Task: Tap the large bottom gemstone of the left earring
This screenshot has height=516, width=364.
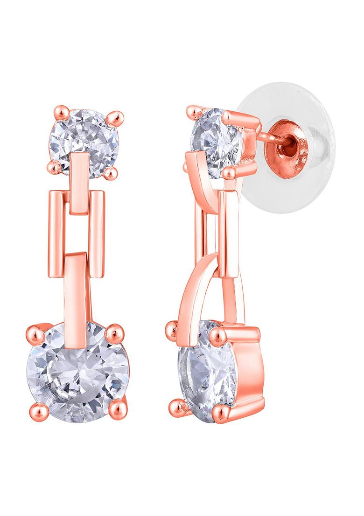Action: coord(77,373)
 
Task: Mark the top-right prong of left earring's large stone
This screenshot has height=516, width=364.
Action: coord(113,333)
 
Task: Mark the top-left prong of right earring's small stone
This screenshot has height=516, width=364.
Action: coord(192,111)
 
